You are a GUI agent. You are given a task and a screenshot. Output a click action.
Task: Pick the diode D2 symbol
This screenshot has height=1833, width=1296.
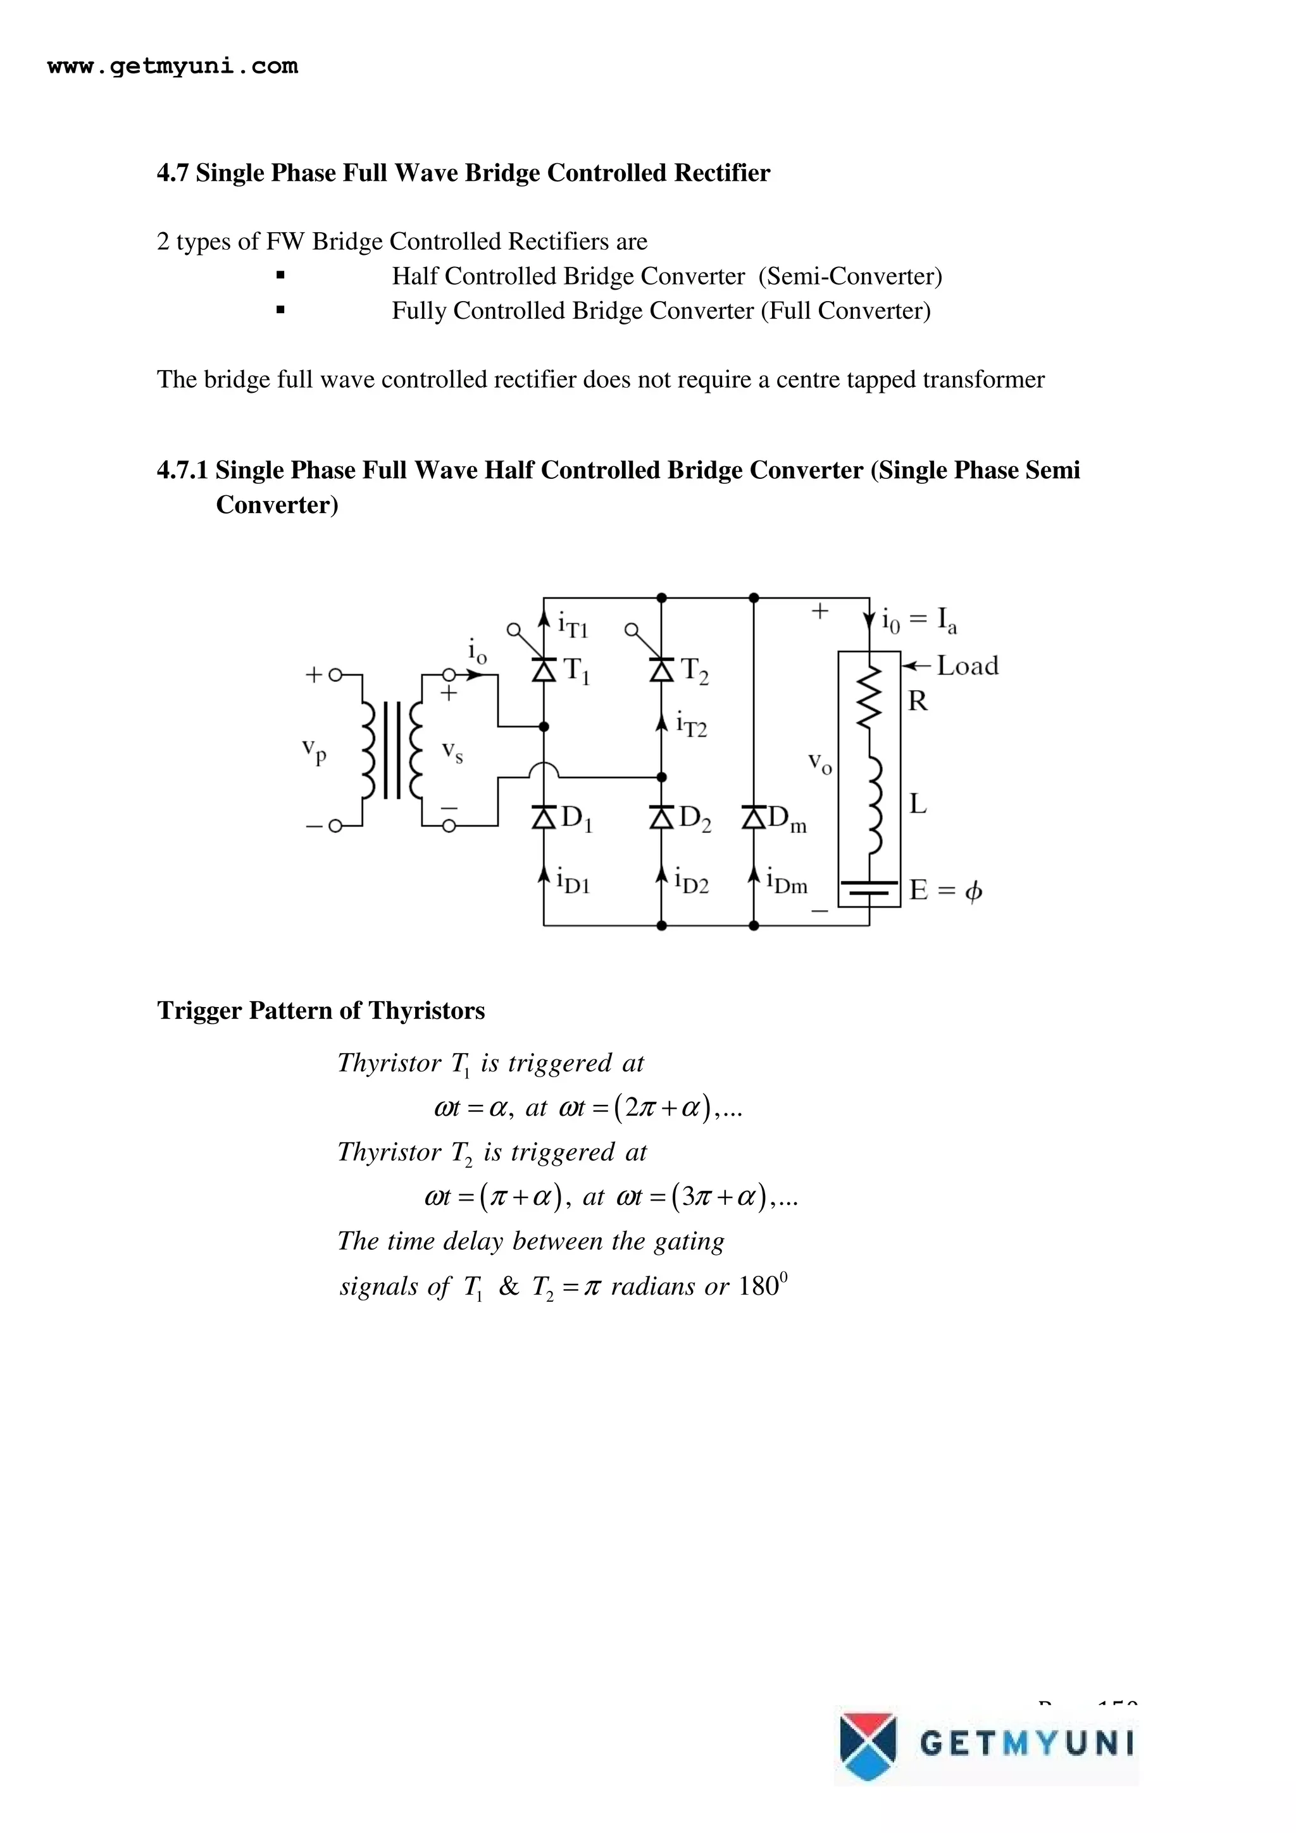661,817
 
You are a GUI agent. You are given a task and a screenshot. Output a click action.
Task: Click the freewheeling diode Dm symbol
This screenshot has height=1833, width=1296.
754,817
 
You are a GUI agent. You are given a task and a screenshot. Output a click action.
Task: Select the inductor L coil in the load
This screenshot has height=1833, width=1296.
873,805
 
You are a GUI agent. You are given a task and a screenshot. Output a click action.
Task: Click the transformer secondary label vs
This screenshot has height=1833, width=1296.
452,751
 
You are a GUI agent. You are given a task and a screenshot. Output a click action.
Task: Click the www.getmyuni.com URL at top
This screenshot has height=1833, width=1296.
173,66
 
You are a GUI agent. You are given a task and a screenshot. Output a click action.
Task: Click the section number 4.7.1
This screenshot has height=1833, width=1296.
183,470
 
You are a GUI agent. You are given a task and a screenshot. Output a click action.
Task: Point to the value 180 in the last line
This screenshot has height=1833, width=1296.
758,1286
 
